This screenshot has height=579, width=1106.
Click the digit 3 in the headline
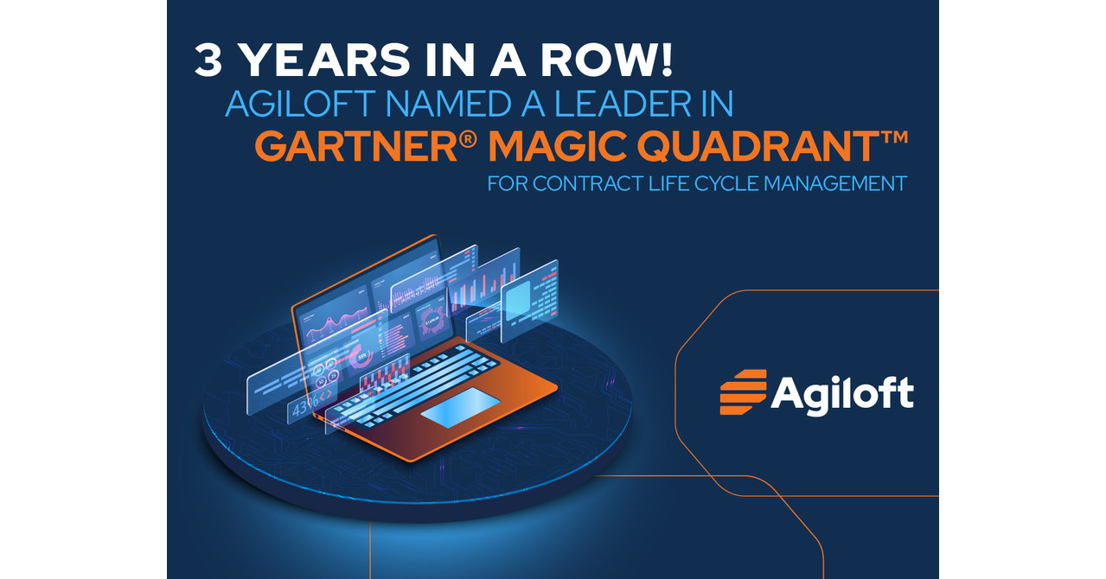pos(210,63)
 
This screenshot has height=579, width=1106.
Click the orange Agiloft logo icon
pos(743,392)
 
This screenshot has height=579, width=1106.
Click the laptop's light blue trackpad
pos(459,406)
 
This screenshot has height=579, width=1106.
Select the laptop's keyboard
pos(413,380)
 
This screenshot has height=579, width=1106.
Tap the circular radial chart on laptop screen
pos(433,321)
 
